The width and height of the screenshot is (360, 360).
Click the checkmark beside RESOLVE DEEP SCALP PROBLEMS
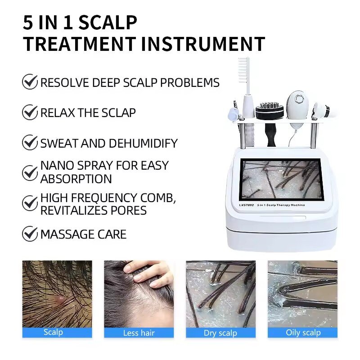30,82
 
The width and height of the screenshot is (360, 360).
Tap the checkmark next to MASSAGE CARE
30,234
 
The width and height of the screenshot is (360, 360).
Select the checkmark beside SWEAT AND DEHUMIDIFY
30,143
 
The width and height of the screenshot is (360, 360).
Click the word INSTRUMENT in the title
203,44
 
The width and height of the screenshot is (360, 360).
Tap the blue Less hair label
139,333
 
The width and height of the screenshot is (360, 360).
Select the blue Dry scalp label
220,333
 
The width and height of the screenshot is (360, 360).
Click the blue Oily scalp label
303,333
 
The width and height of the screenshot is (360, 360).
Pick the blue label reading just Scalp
53,333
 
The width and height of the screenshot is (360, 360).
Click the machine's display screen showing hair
281,179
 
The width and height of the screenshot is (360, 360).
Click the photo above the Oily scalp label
302,293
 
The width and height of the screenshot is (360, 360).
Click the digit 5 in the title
28,22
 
